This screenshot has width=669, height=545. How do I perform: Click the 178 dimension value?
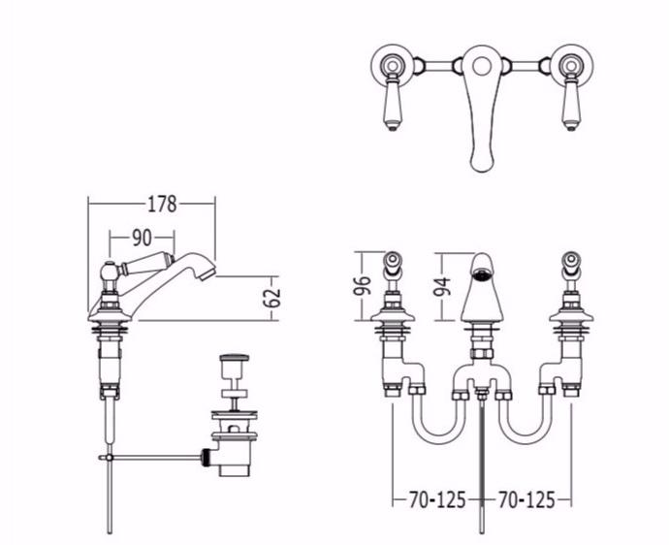pyautogui.click(x=162, y=204)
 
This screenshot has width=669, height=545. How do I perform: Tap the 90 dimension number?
pyautogui.click(x=142, y=238)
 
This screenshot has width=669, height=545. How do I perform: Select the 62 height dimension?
pyautogui.click(x=272, y=298)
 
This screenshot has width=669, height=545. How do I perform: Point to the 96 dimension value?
pyautogui.click(x=362, y=285)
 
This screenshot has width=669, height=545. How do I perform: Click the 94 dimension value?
pyautogui.click(x=442, y=286)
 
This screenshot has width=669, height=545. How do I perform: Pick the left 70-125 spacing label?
pyautogui.click(x=437, y=499)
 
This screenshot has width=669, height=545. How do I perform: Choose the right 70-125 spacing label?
pyautogui.click(x=526, y=499)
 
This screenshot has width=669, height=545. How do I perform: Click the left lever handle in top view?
pyautogui.click(x=392, y=102)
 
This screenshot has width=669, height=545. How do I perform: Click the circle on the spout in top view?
pyautogui.click(x=482, y=67)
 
